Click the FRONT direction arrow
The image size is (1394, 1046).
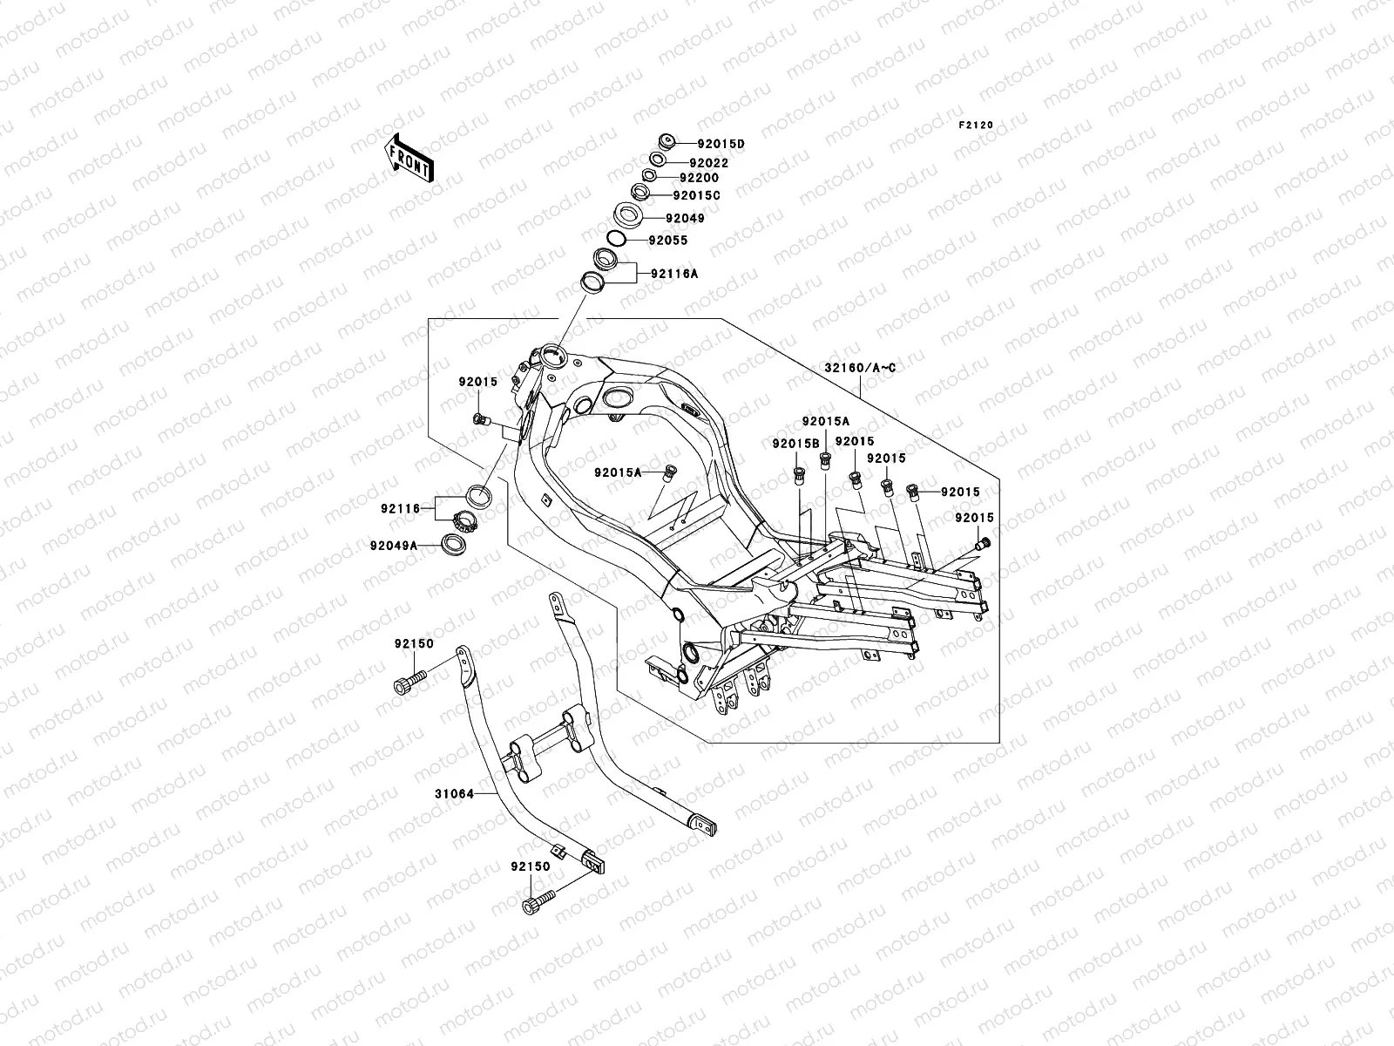[x=409, y=158]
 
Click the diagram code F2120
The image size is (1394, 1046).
[x=976, y=126]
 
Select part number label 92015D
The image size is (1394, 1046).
[x=721, y=144]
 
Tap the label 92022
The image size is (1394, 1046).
[x=708, y=163]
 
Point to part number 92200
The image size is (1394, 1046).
[x=700, y=179]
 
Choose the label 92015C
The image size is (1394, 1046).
[x=697, y=195]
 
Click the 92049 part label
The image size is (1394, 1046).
[x=686, y=219]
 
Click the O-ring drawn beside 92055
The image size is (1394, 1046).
[x=616, y=240]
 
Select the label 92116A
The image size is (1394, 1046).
[x=674, y=274]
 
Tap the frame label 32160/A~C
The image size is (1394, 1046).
[x=860, y=368]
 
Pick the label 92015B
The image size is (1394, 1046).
[x=795, y=444]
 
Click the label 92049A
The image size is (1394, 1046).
[x=394, y=546]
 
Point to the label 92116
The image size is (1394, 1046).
[x=401, y=509]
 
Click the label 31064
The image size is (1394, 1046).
[x=455, y=794]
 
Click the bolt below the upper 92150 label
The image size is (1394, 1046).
[x=409, y=683]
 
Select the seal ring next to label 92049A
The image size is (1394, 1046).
[x=453, y=544]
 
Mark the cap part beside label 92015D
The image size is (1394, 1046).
[x=666, y=141]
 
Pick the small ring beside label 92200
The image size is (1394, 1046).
[x=649, y=174]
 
